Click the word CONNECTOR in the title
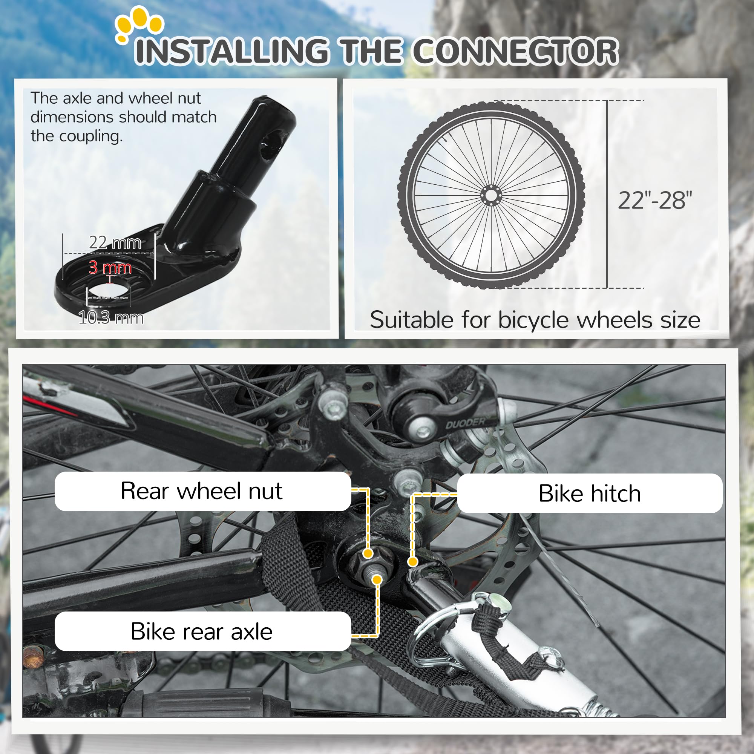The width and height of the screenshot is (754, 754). pyautogui.click(x=515, y=51)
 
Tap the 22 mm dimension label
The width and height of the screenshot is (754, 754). pyautogui.click(x=115, y=243)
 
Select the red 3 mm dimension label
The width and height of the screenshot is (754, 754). pyautogui.click(x=110, y=267)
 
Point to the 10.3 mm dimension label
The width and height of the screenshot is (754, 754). pyautogui.click(x=111, y=318)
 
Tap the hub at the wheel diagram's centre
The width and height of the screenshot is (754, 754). pyautogui.click(x=490, y=195)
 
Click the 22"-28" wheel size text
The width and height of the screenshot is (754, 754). pyautogui.click(x=655, y=201)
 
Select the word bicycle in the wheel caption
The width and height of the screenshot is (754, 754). pyautogui.click(x=534, y=320)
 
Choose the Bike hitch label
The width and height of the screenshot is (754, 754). pyautogui.click(x=589, y=493)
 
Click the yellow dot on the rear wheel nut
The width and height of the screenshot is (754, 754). pyautogui.click(x=368, y=553)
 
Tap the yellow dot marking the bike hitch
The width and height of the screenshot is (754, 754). pyautogui.click(x=412, y=562)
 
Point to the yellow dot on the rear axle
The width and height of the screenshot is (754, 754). pyautogui.click(x=377, y=579)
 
